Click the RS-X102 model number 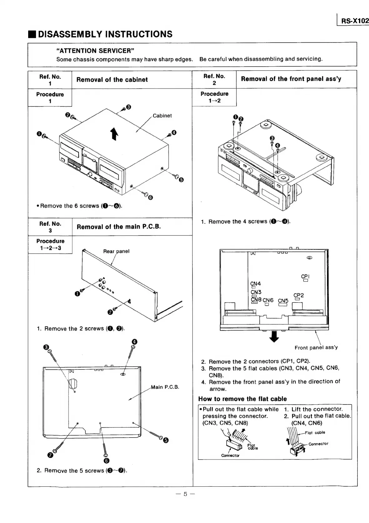[355, 21]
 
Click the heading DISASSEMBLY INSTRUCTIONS [105, 34]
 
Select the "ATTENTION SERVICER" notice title [95, 51]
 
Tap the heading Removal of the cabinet [112, 79]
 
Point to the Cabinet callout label [162, 116]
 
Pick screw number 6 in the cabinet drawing [150, 197]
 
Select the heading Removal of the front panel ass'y [291, 79]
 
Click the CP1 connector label [305, 277]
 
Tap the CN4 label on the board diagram [255, 284]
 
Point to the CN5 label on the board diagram [283, 301]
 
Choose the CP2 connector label [299, 295]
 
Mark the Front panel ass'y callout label [316, 348]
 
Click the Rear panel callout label [116, 251]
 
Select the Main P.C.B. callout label [165, 387]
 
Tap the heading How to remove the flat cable [243, 399]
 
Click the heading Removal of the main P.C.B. [119, 227]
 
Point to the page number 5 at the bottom [185, 494]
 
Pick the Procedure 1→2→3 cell [50, 245]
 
